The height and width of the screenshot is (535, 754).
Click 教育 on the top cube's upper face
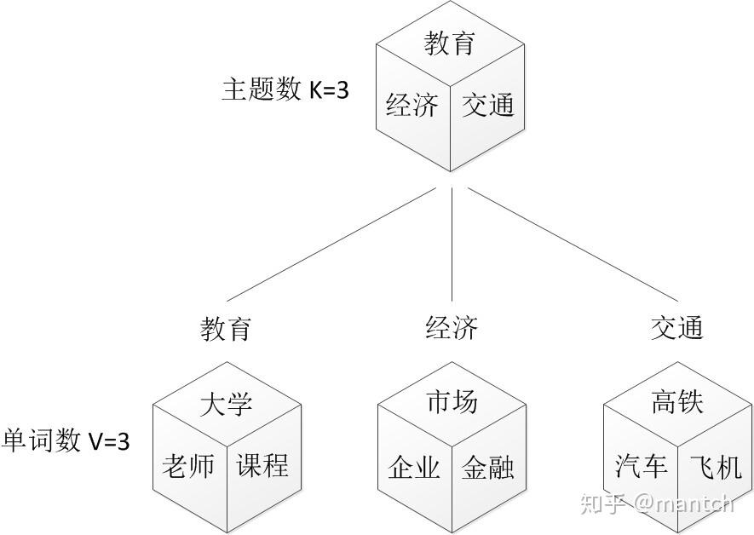click(x=449, y=43)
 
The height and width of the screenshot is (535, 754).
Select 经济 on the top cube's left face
click(x=412, y=106)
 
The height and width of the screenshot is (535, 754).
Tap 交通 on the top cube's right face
click(x=488, y=106)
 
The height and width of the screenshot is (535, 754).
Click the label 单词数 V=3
click(x=66, y=440)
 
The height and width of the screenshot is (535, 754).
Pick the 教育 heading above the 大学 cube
click(x=226, y=328)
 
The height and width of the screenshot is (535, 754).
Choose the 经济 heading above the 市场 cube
click(x=452, y=328)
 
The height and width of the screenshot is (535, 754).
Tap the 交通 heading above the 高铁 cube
click(x=677, y=328)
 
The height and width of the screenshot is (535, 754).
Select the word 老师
click(x=187, y=466)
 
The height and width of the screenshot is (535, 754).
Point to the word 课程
click(x=262, y=465)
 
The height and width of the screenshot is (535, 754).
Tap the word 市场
click(x=452, y=402)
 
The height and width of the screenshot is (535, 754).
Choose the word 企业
click(x=414, y=467)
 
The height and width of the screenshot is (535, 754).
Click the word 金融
click(x=488, y=467)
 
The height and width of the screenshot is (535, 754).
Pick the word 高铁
click(x=677, y=402)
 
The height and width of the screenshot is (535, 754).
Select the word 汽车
click(x=641, y=467)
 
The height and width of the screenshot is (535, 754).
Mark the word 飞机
click(x=714, y=467)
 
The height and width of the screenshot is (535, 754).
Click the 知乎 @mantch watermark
click(x=656, y=503)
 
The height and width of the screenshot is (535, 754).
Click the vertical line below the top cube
click(x=452, y=247)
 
